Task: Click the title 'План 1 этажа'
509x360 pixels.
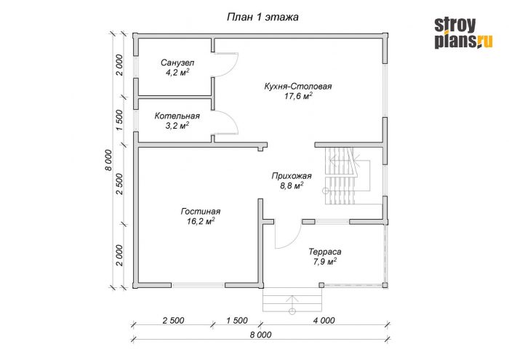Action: [262, 17]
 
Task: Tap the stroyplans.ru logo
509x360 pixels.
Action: [463, 33]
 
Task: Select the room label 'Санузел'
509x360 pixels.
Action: [177, 63]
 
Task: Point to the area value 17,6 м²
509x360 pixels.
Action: [298, 96]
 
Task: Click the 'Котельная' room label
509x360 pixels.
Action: [177, 116]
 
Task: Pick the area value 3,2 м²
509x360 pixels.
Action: [177, 126]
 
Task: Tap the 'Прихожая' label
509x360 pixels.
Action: [292, 176]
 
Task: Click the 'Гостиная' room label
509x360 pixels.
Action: [201, 212]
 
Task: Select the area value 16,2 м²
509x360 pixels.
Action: [201, 221]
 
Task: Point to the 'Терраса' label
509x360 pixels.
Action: [324, 252]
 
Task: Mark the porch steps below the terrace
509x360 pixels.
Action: [292, 300]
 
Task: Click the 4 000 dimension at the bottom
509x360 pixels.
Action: [324, 321]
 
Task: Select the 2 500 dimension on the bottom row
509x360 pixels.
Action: [173, 321]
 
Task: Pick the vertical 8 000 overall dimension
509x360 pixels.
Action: [108, 160]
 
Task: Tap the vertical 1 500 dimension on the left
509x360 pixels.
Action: [119, 121]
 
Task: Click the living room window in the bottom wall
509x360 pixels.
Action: [198, 285]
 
